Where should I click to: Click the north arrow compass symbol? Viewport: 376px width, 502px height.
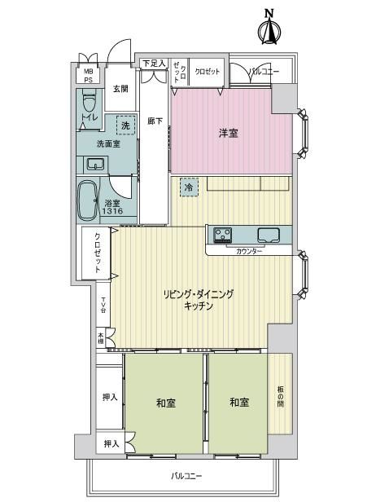pyautogui.click(x=269, y=28)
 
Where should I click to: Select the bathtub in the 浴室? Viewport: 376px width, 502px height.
pyautogui.click(x=87, y=200)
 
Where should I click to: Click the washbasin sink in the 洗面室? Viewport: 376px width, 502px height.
pyautogui.click(x=95, y=165)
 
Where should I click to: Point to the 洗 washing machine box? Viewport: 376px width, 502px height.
pyautogui.click(x=125, y=125)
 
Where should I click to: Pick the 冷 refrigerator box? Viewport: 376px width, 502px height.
pyautogui.click(x=189, y=187)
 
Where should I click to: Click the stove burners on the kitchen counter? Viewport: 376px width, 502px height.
pyautogui.click(x=222, y=235)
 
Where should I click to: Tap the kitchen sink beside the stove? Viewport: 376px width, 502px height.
pyautogui.click(x=269, y=236)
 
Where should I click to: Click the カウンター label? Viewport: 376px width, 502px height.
pyautogui.click(x=249, y=251)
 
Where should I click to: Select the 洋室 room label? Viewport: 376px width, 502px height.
pyautogui.click(x=228, y=133)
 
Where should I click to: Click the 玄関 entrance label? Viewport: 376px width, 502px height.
pyautogui.click(x=120, y=89)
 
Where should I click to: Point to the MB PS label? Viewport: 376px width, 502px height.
pyautogui.click(x=88, y=76)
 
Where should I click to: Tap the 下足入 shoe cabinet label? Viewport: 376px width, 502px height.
pyautogui.click(x=154, y=64)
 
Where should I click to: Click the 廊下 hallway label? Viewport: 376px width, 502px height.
pyautogui.click(x=155, y=121)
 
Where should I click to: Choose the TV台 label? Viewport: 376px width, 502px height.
pyautogui.click(x=103, y=305)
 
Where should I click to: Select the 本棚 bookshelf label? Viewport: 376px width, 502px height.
pyautogui.click(x=101, y=338)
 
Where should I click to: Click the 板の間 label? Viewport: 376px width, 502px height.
pyautogui.click(x=281, y=397)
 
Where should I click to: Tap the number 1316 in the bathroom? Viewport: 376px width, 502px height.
pyautogui.click(x=112, y=211)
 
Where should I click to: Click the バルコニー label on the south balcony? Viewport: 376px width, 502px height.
pyautogui.click(x=186, y=476)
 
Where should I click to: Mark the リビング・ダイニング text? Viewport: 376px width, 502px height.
pyautogui.click(x=199, y=294)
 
